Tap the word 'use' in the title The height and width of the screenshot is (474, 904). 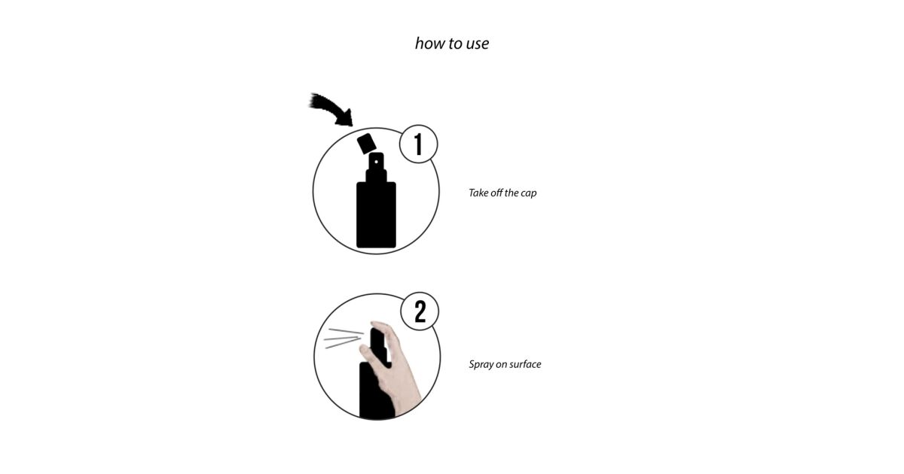pyautogui.click(x=478, y=44)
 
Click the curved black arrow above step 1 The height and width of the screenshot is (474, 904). pyautogui.click(x=331, y=110)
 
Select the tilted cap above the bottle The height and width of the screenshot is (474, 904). pyautogui.click(x=366, y=144)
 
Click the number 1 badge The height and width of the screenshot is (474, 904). pyautogui.click(x=419, y=144)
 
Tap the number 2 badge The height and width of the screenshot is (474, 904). pyautogui.click(x=420, y=311)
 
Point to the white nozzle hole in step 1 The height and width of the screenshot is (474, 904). pyautogui.click(x=376, y=162)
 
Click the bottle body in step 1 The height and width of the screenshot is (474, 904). pyautogui.click(x=376, y=214)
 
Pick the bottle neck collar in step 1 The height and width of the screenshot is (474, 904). pyautogui.click(x=376, y=176)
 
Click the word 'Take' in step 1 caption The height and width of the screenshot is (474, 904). pyautogui.click(x=478, y=193)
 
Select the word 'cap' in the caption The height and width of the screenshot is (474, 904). pyautogui.click(x=529, y=194)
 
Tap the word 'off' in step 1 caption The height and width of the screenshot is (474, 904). pyautogui.click(x=496, y=193)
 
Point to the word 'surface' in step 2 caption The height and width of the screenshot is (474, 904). pyautogui.click(x=525, y=364)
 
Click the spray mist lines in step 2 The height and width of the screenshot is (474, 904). pyautogui.click(x=344, y=338)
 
